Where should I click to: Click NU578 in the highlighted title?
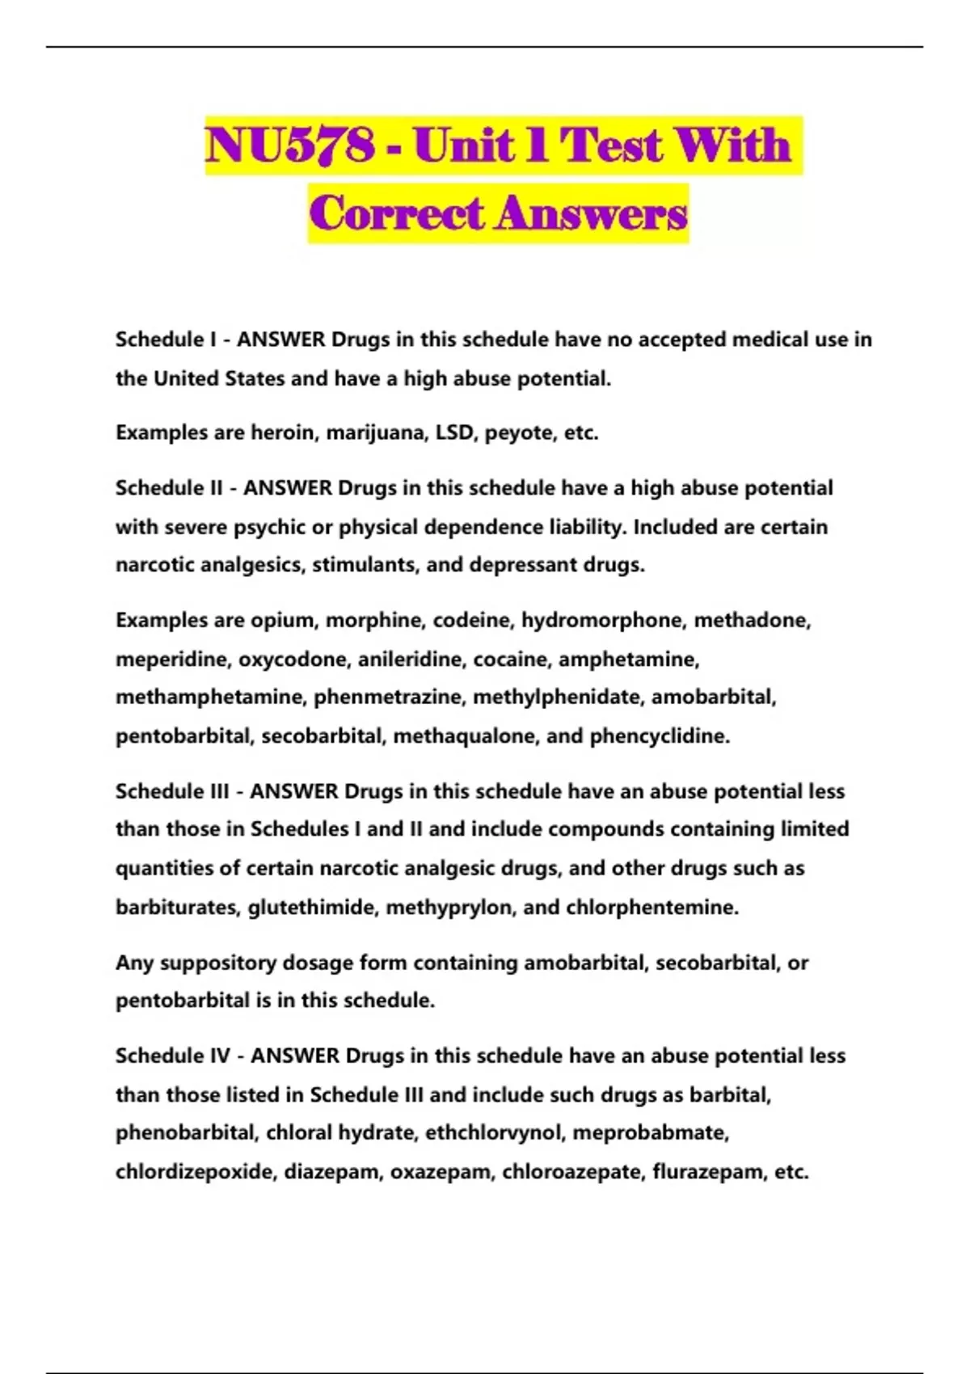click(x=290, y=146)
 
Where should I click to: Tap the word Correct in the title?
click(x=396, y=214)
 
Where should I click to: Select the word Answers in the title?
click(x=592, y=214)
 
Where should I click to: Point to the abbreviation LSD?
click(x=454, y=432)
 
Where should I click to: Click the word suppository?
click(x=217, y=963)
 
